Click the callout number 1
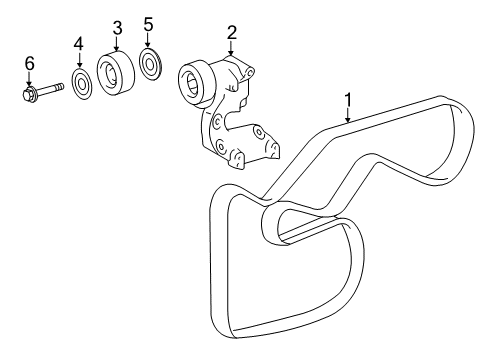coord(348,99)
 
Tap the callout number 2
coord(231,32)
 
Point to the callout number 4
coord(79,44)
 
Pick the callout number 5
coord(149,24)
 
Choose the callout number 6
coord(29,63)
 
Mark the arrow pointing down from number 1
coord(348,115)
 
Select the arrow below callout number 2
coord(231,48)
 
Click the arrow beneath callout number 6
coord(29,79)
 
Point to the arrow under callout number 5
coord(149,41)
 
